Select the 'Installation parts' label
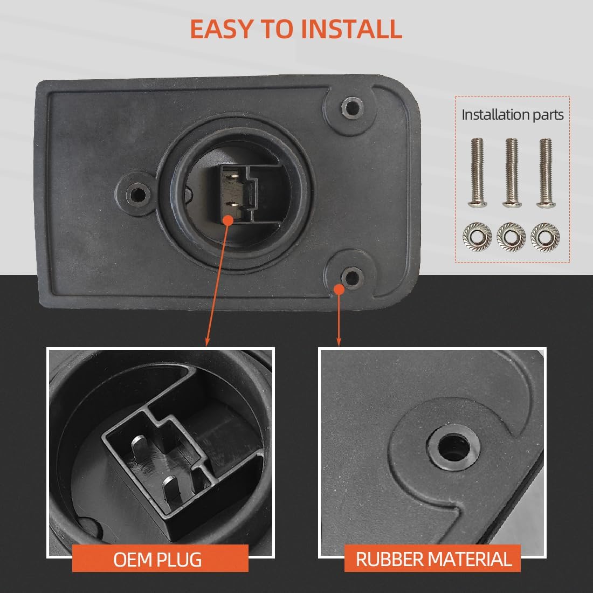pos(513,115)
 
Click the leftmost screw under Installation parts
pos(478,173)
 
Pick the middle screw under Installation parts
pos(512,173)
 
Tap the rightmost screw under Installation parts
pos(546,173)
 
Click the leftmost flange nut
pos(477,236)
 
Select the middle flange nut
pos(511,236)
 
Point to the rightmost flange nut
pos(546,236)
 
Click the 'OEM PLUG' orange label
pos(160,558)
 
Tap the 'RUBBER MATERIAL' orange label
pos(432,558)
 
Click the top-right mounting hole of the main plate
pos(353,108)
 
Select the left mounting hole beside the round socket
pos(138,195)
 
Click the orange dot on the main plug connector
pos(228,220)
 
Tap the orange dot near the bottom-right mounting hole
pos(339,289)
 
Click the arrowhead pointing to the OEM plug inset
pos(207,341)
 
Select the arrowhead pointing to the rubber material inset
pos(339,341)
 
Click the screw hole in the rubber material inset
pos(453,447)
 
